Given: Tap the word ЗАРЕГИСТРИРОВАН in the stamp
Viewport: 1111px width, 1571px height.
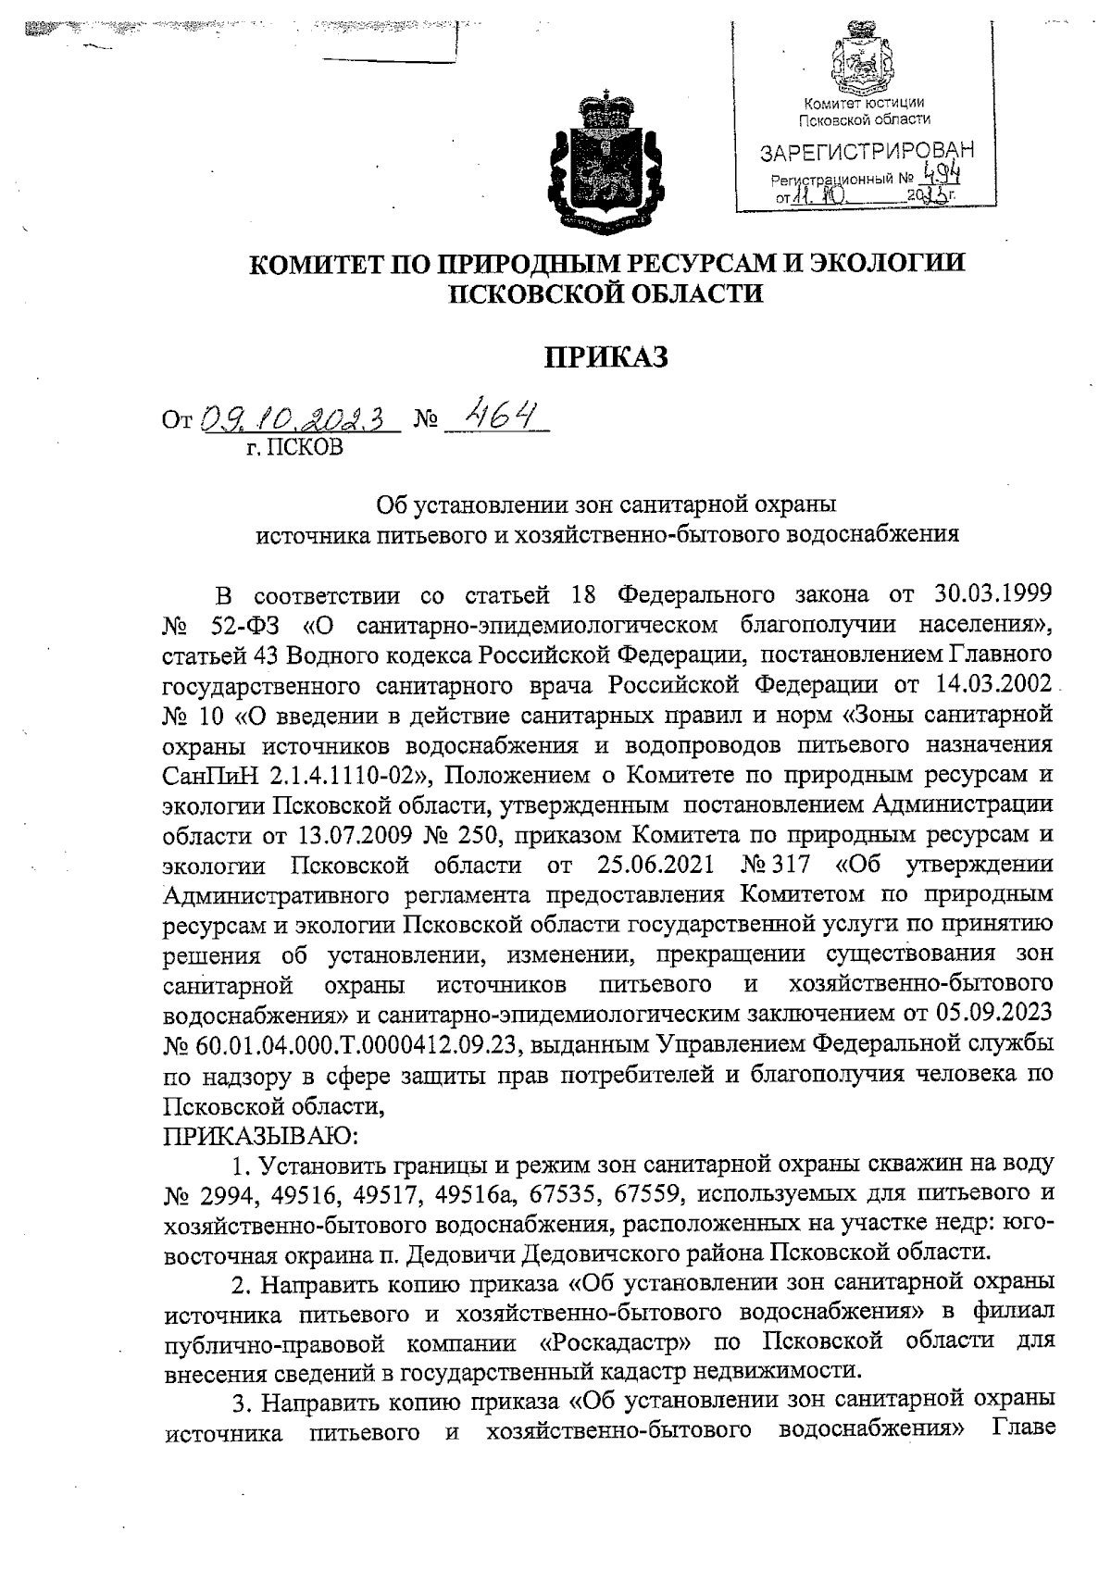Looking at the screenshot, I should [868, 151].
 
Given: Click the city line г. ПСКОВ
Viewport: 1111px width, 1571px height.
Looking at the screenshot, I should [289, 450].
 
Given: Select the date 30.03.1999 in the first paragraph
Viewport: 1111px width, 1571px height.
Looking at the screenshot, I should [980, 592].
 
